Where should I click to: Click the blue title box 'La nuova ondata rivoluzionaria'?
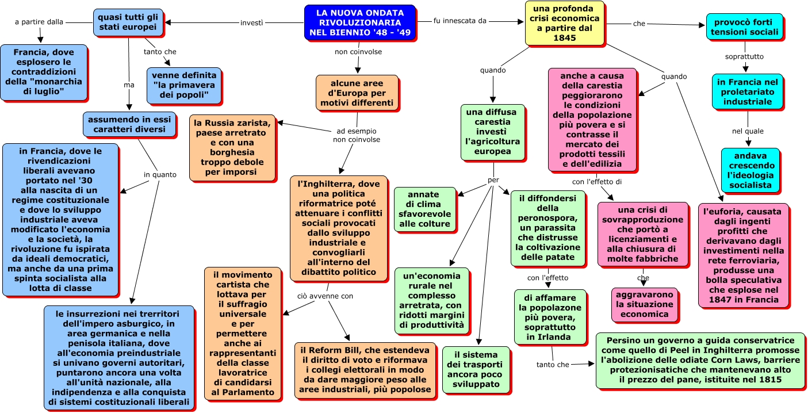(360, 22)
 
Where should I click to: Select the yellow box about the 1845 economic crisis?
(565, 23)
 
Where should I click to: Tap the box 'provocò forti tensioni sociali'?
(745, 26)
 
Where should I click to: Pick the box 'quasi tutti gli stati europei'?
(128, 22)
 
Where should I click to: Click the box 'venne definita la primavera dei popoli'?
(184, 85)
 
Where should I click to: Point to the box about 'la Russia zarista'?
(232, 147)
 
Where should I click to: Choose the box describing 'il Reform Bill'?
(365, 370)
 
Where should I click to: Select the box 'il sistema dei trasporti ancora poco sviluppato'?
(476, 370)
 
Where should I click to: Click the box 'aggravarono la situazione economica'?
(645, 304)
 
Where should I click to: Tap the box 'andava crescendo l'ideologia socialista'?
(750, 170)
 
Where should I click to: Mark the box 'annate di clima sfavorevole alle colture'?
(424, 209)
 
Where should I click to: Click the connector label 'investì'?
(251, 23)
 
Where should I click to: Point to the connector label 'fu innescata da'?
(460, 21)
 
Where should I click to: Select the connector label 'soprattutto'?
(745, 56)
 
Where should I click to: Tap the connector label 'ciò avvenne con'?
(325, 296)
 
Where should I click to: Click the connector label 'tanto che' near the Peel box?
(553, 365)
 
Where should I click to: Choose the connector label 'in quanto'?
(160, 175)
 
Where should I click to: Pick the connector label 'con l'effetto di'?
(597, 182)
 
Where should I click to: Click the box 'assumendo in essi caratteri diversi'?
(129, 124)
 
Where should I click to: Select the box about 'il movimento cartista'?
(243, 334)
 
